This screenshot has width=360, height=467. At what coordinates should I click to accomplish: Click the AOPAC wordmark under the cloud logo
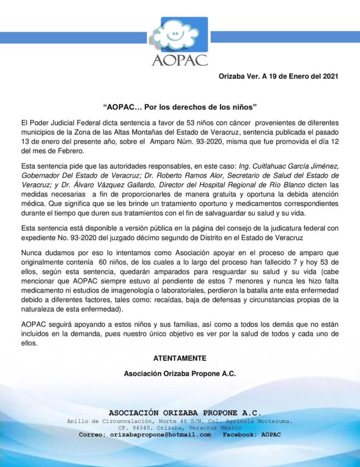pos(180,60)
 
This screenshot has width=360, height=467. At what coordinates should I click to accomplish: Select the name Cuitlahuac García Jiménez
pos(291,167)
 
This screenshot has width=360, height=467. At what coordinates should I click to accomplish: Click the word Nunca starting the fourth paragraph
pos(31,253)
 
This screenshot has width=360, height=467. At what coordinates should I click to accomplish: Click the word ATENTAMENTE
pos(180,358)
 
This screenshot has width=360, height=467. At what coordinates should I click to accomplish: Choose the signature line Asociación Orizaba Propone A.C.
pos(180,374)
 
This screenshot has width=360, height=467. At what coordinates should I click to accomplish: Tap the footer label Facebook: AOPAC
pos(252,435)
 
